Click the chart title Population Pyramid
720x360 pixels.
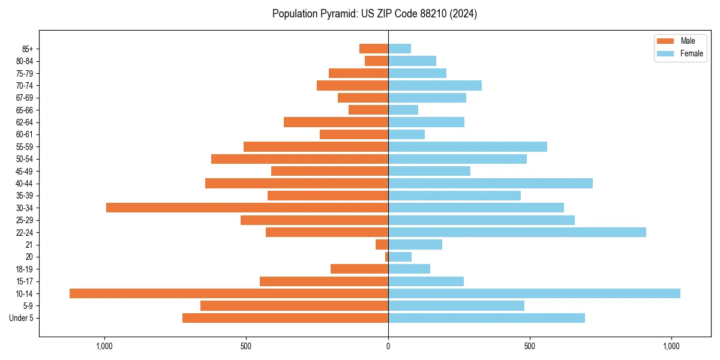click(374, 14)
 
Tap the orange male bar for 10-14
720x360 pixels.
click(229, 293)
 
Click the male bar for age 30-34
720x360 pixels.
click(247, 208)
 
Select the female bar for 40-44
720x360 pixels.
click(490, 183)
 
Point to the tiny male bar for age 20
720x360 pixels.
click(386, 257)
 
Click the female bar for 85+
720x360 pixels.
click(400, 49)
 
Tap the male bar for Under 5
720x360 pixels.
click(285, 318)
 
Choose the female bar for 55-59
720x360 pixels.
click(467, 146)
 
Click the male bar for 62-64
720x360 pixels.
click(336, 122)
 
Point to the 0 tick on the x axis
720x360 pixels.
click(388, 346)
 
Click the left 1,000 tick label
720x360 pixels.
click(104, 346)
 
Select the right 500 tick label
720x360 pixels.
click(529, 346)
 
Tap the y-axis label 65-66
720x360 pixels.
click(24, 110)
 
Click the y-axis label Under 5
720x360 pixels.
click(22, 318)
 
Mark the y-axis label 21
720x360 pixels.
click(29, 245)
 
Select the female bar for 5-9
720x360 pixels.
click(456, 305)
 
